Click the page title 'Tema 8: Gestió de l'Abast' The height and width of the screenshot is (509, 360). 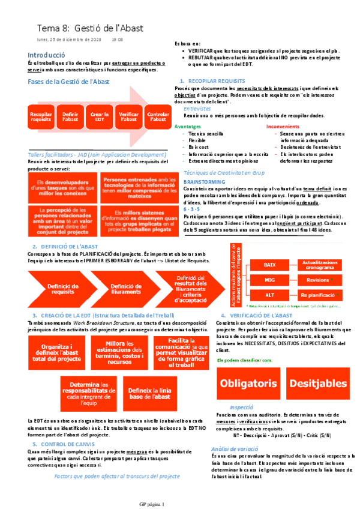[x=90, y=28]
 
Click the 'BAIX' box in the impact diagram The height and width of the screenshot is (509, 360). [x=269, y=264]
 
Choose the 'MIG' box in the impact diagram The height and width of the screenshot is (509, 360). [x=269, y=280]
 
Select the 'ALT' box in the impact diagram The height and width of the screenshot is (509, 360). [x=269, y=295]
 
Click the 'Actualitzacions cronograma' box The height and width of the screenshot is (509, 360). [x=318, y=264]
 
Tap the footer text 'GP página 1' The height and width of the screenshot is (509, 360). [x=155, y=504]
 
